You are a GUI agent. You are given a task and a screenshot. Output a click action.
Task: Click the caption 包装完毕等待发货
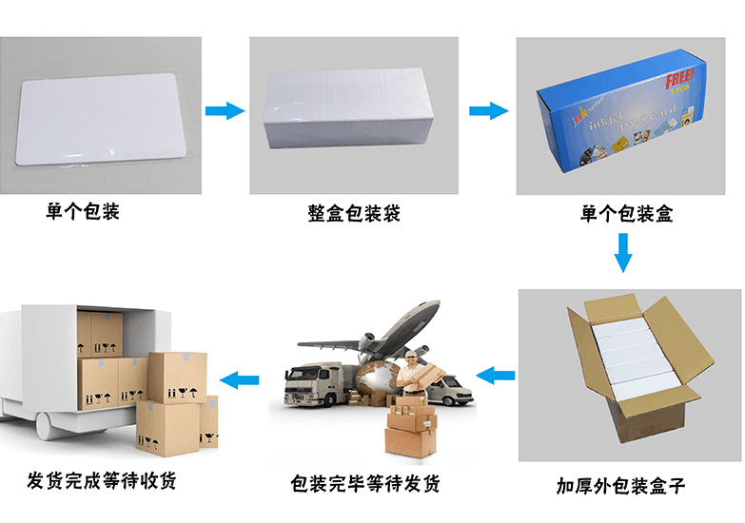point(366,484)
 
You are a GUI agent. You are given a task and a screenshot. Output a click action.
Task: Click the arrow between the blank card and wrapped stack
point(225,110)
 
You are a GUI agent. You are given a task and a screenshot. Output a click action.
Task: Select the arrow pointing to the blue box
point(488,110)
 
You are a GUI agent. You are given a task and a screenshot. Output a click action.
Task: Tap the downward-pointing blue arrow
point(623,252)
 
